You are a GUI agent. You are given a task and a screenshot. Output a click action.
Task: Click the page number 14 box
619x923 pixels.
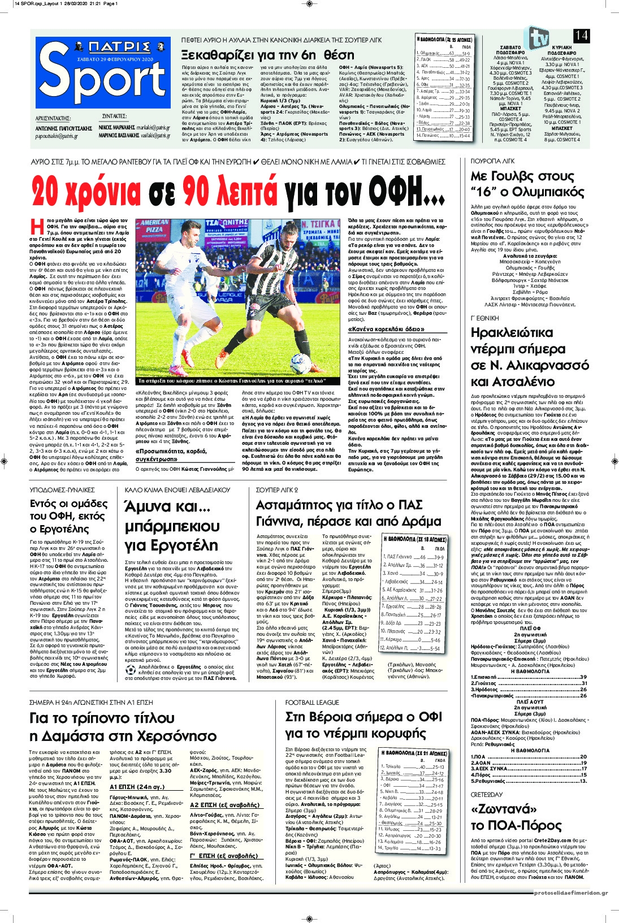pos(581,36)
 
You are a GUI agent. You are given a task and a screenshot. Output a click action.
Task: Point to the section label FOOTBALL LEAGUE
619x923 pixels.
pos(312,702)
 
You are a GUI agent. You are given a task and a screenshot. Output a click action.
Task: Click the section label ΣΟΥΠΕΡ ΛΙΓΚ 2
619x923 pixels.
pos(278,489)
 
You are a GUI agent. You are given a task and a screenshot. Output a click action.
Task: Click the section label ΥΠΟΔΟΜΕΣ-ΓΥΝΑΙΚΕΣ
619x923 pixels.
pos(62,489)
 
